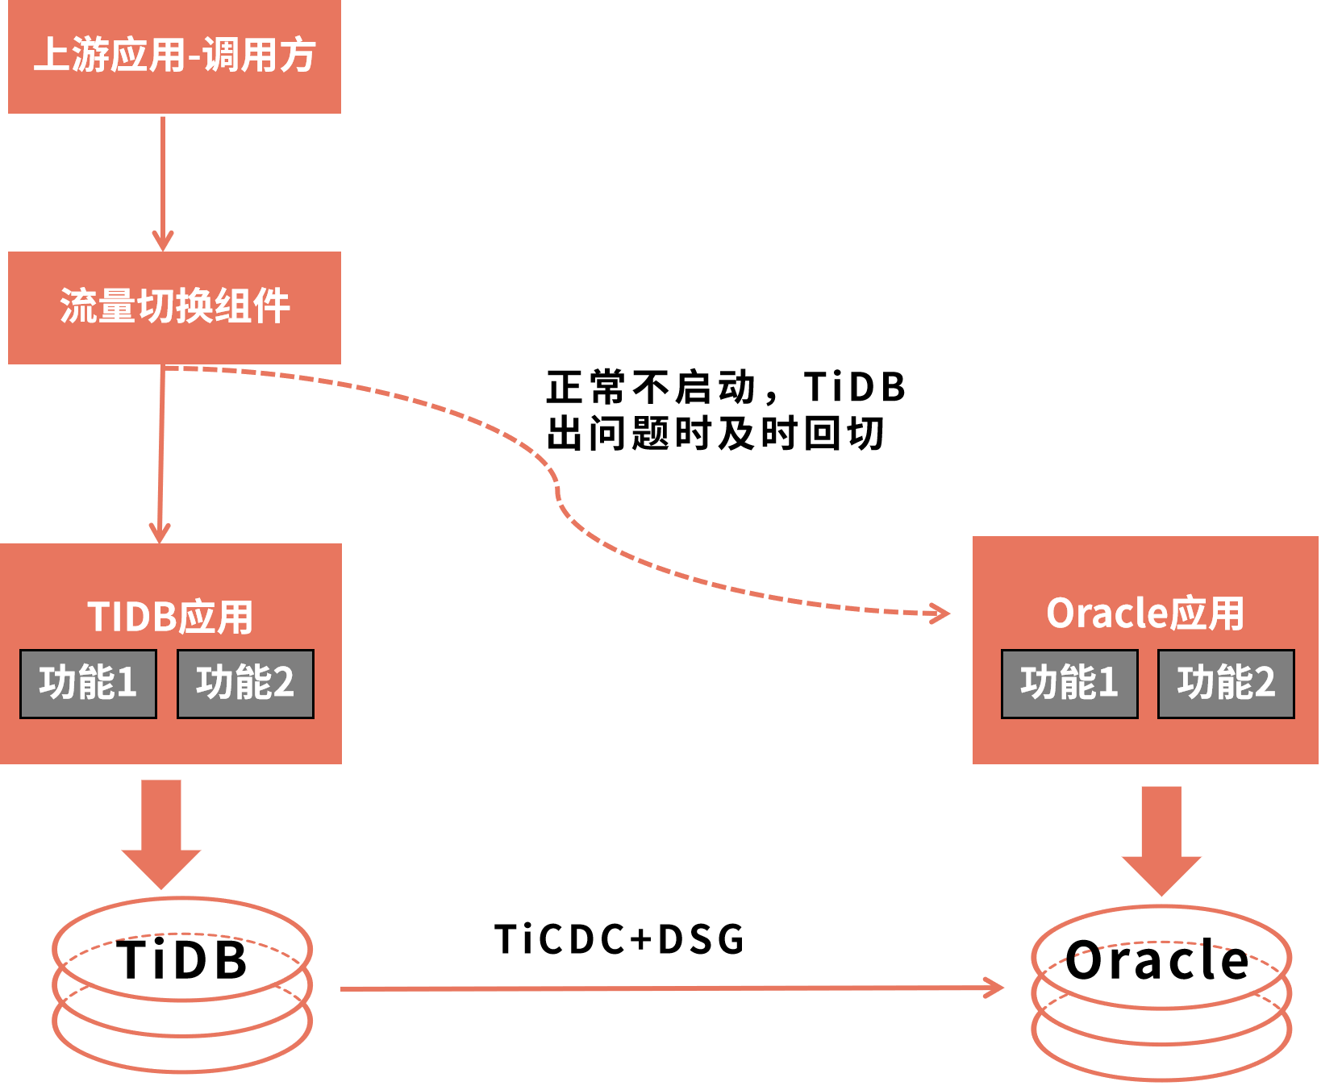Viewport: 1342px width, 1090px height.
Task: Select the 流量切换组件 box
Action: pyautogui.click(x=174, y=307)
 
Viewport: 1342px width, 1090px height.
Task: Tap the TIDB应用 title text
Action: pyautogui.click(x=170, y=617)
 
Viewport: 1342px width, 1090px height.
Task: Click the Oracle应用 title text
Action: pyautogui.click(x=1144, y=614)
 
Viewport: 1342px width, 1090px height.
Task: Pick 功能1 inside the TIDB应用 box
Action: pyautogui.click(x=88, y=684)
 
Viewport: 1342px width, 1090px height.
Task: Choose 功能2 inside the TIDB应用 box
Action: pyautogui.click(x=245, y=684)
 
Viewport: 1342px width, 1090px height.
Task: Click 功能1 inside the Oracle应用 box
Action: pyautogui.click(x=1069, y=684)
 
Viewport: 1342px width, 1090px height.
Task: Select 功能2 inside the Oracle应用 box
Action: pyautogui.click(x=1226, y=684)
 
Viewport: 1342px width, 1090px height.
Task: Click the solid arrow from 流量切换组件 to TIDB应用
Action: pyautogui.click(x=161, y=451)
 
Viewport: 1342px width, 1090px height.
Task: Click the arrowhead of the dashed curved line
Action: pyautogui.click(x=940, y=614)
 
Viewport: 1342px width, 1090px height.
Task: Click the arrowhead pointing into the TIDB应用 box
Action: pyautogui.click(x=160, y=533)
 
